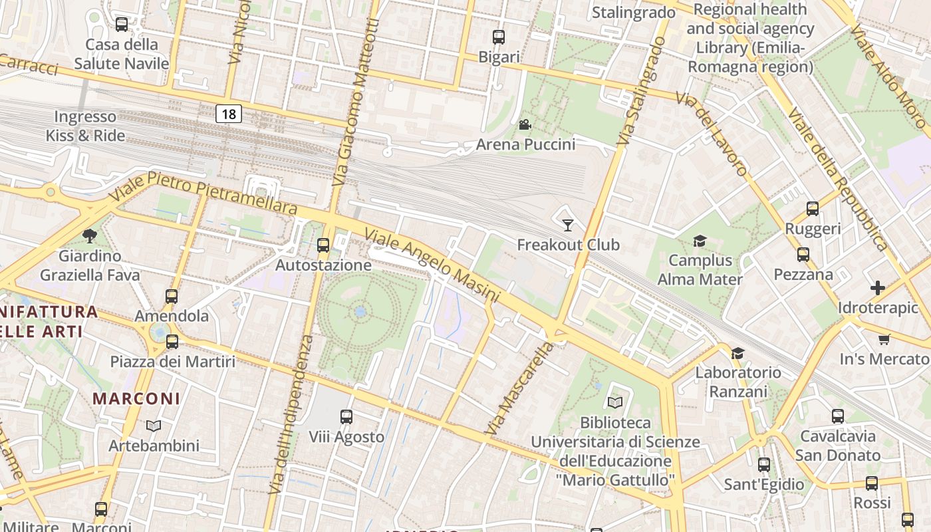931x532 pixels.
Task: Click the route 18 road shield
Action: pos(228,114)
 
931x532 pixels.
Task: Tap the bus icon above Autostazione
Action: pos(323,245)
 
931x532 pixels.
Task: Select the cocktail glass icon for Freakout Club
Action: pos(567,225)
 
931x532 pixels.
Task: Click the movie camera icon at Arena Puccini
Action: pos(525,124)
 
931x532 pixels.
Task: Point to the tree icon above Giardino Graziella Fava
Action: pos(90,235)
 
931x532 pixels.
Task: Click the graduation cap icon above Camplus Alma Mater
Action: pos(700,241)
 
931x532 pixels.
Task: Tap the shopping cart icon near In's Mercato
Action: pos(884,340)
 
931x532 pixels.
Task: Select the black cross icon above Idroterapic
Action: pos(878,288)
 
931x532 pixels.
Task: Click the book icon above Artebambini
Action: pos(154,426)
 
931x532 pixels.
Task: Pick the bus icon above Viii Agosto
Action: pos(346,417)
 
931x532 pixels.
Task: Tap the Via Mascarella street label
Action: pos(519,389)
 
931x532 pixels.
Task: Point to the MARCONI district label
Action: pos(136,398)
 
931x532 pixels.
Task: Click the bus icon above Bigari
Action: pos(499,37)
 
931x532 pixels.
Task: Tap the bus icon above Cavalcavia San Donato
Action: pos(838,416)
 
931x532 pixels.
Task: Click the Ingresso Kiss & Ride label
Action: pos(85,126)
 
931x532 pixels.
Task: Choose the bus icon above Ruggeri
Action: pos(813,209)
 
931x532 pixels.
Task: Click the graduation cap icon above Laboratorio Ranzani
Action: pos(737,353)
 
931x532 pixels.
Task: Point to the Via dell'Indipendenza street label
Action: pos(290,414)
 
